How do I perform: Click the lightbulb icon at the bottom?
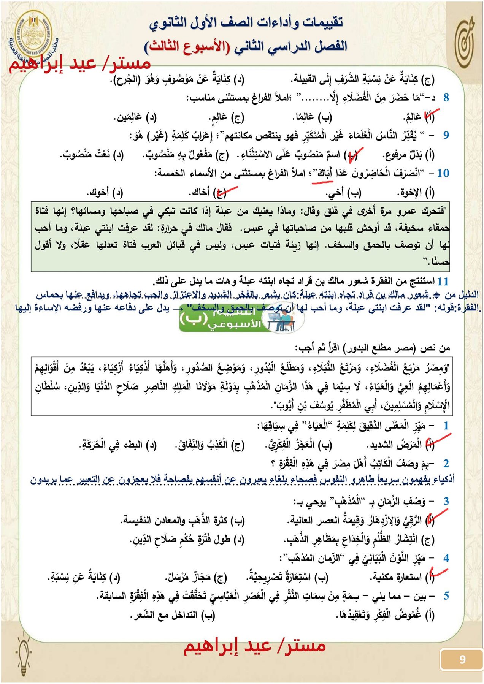tap(24, 652)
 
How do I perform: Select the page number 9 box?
tap(462, 659)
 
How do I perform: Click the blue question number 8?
tap(446, 98)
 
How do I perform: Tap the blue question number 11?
tap(443, 282)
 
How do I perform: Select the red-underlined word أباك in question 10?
tap(324, 174)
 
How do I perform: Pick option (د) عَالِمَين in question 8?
tap(136, 117)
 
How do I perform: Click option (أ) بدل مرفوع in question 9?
tap(408, 155)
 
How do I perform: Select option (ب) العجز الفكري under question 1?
tap(299, 445)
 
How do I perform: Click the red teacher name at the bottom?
tap(254, 646)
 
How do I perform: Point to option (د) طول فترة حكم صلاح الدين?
tap(187, 539)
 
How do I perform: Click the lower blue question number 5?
tap(446, 596)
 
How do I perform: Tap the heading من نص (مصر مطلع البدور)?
tap(373, 348)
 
